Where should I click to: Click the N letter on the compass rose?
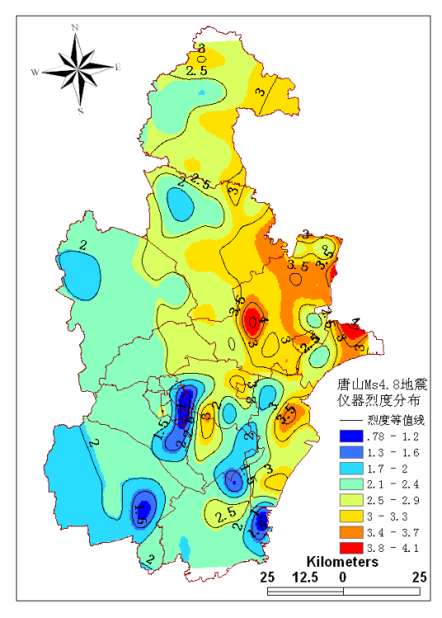(x=75, y=27)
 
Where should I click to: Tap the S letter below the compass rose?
(x=79, y=109)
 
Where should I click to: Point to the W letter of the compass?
(x=35, y=73)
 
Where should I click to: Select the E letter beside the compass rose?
(x=118, y=67)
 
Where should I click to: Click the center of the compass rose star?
(x=78, y=68)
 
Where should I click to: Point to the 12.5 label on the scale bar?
(x=304, y=578)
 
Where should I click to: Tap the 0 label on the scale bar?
(x=341, y=578)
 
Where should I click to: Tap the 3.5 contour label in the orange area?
(x=298, y=266)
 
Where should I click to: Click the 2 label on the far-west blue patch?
(x=83, y=244)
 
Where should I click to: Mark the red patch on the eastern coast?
(x=351, y=332)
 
